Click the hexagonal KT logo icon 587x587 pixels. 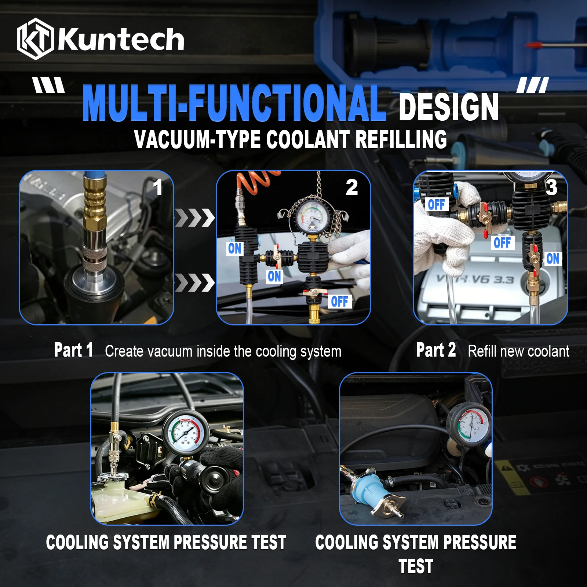click(x=36, y=39)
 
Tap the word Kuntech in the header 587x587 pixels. click(x=121, y=39)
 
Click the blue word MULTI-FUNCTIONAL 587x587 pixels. click(x=234, y=103)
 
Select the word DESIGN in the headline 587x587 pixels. click(x=448, y=107)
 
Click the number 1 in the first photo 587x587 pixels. click(x=158, y=187)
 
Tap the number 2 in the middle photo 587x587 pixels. click(x=351, y=187)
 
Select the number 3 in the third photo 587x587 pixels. click(x=551, y=187)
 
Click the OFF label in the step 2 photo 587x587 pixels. click(x=339, y=302)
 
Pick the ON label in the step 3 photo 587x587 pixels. click(x=553, y=259)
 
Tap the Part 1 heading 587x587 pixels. click(x=73, y=350)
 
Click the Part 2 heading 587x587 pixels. click(x=436, y=350)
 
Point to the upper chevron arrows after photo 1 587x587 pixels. click(x=195, y=218)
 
